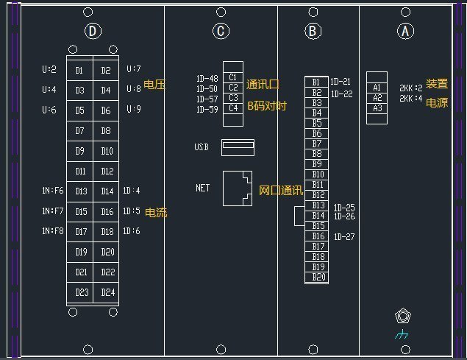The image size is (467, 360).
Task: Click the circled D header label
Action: coord(92,31)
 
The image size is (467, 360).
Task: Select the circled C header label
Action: coord(221,31)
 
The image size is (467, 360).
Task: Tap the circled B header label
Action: coord(313,31)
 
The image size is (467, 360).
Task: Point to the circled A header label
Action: coord(405,31)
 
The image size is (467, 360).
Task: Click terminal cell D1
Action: coord(79,71)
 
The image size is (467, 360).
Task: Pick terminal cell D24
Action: coord(107,292)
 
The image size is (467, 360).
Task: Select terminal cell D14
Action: coord(107,191)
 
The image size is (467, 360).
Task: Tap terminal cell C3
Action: coord(232,98)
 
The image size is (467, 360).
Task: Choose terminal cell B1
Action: coord(316,82)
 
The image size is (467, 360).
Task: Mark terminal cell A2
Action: coord(377,97)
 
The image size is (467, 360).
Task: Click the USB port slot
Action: coord(238,147)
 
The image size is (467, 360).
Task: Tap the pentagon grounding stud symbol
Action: coord(402,317)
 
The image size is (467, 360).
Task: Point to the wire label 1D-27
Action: coord(344,237)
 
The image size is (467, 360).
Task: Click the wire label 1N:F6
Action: coord(53,191)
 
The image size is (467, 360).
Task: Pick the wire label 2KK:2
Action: coord(410,87)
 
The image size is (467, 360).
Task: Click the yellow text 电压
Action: coord(154,85)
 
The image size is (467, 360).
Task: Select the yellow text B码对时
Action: coord(266,107)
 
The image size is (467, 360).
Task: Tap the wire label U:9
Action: coord(133,110)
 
